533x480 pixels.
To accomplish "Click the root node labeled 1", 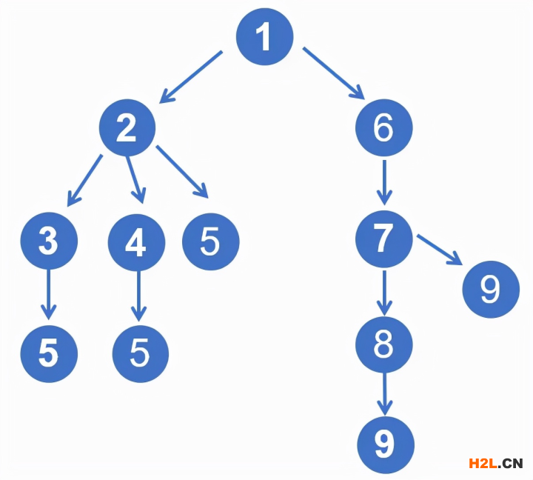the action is tap(264, 37).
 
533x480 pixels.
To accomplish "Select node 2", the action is tap(127, 127).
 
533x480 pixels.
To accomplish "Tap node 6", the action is tap(383, 127).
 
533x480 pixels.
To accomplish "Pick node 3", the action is tap(49, 241).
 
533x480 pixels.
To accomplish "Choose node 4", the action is tap(137, 242).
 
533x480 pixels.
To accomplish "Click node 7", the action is tap(383, 239).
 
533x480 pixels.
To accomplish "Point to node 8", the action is tap(383, 344).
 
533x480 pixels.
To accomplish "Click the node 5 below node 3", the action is tap(49, 354).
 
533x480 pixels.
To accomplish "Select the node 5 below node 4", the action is tap(141, 354).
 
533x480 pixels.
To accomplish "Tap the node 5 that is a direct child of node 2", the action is tap(211, 241).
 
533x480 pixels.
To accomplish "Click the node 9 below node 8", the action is tap(386, 445).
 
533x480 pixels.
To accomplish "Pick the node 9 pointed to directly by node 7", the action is tap(491, 289).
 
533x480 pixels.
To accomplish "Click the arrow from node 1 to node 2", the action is tap(191, 77).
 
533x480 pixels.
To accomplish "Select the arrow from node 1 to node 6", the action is tap(334, 73).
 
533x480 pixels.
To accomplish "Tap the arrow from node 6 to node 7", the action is tap(384, 182).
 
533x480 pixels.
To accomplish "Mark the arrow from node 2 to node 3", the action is tap(84, 181).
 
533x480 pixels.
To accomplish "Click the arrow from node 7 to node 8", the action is tap(384, 293).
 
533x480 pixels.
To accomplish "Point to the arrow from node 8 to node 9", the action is tap(384, 394).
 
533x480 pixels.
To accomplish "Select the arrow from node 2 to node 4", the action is tap(135, 180).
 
